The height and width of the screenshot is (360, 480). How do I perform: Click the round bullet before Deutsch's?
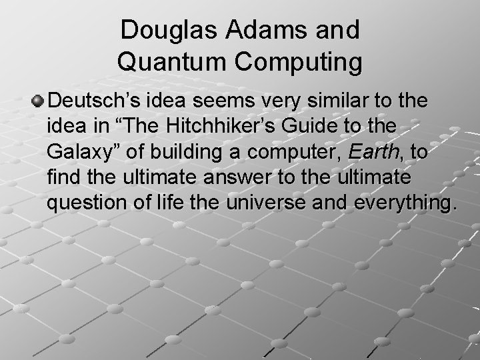(x=39, y=101)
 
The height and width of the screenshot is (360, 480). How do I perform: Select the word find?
(x=65, y=177)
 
